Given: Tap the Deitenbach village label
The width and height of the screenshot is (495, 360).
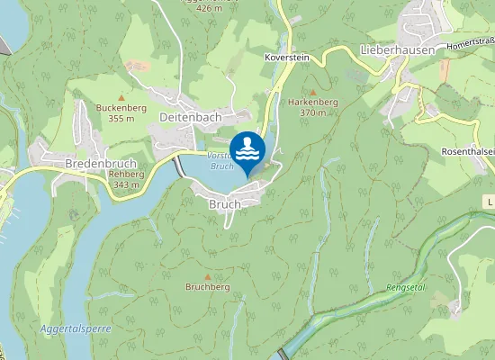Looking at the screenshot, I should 190,118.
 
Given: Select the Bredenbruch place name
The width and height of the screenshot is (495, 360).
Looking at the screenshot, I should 100,164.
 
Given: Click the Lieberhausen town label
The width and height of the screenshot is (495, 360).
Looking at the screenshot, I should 397,49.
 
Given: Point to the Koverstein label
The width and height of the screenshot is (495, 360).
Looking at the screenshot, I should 287,57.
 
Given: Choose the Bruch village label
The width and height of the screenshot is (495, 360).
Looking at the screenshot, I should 225,204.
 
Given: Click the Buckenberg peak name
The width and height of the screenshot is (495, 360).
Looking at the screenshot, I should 121,107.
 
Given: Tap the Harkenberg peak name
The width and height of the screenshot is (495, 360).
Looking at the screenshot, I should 312,103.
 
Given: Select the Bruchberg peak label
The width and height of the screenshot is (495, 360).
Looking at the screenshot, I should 208,287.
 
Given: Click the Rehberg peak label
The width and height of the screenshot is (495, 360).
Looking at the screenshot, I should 125,174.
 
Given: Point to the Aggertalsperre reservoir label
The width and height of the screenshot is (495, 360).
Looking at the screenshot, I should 76,328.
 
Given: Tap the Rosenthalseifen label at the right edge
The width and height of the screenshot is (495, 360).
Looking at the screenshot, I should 468,152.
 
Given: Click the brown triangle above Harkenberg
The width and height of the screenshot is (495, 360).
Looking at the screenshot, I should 313,92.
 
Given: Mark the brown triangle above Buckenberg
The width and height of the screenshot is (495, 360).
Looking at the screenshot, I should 121,96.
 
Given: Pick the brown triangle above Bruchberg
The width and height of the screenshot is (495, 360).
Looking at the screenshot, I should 208,276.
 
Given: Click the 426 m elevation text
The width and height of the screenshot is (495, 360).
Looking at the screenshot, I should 209,7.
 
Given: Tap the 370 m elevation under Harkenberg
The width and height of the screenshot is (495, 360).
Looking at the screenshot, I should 312,113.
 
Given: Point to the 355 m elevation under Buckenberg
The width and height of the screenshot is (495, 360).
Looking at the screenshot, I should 121,118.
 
